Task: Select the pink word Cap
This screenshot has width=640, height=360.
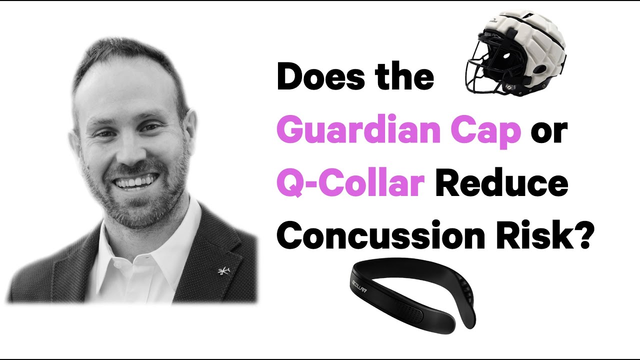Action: pyautogui.click(x=492, y=129)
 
